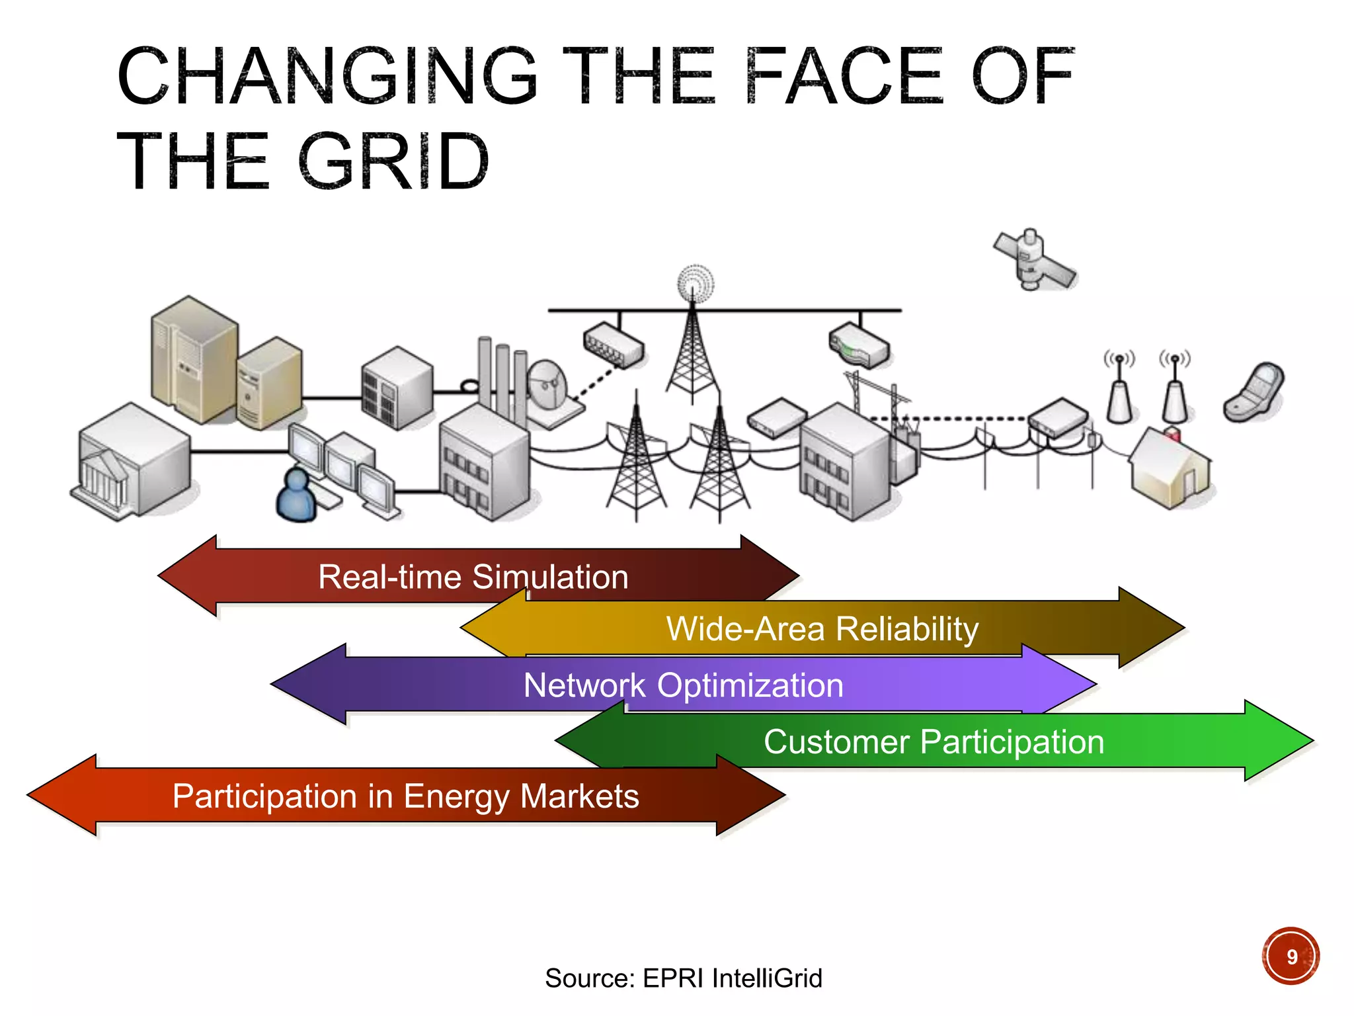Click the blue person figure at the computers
296,495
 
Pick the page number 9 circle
1291,956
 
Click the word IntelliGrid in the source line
767,978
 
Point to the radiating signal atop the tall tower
695,284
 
